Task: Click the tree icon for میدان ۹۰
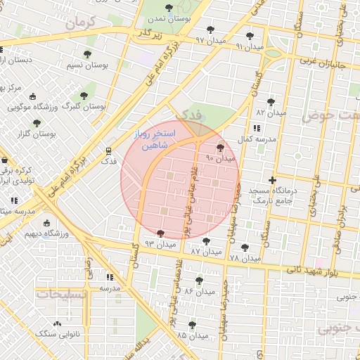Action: pos(221,148)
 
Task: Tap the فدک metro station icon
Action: pos(108,150)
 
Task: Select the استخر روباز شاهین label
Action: pos(155,141)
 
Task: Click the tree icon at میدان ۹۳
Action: pos(161,233)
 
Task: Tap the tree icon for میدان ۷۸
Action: pos(244,247)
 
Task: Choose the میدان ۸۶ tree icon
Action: pos(200,281)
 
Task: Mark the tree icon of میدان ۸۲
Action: pos(271,102)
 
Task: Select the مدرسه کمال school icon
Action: pos(256,128)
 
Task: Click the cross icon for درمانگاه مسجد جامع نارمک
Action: pos(273,180)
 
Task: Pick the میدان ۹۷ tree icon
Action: pos(210,30)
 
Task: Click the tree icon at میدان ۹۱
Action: pos(250,35)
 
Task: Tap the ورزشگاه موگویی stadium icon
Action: pos(14,108)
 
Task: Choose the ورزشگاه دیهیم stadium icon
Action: pos(47,223)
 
